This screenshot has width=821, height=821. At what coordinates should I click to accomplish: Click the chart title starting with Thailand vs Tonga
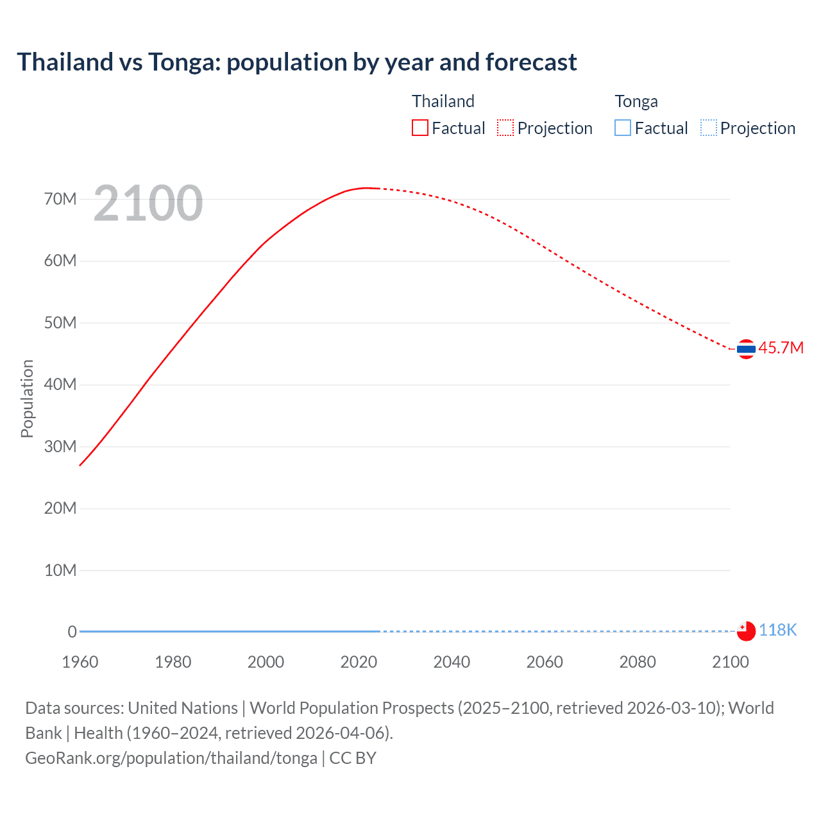pyautogui.click(x=296, y=62)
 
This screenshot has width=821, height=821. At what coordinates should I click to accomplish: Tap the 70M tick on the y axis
pyautogui.click(x=60, y=199)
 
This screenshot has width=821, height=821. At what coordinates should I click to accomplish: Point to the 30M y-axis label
pyautogui.click(x=60, y=446)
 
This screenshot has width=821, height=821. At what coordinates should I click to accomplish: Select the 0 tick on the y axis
pyautogui.click(x=72, y=632)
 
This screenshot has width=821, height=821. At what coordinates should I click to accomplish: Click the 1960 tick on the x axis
pyautogui.click(x=80, y=662)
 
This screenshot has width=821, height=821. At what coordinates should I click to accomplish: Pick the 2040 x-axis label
pyautogui.click(x=452, y=662)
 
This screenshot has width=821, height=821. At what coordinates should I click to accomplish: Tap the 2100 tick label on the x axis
pyautogui.click(x=730, y=662)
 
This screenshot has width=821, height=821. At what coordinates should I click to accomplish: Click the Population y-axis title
pyautogui.click(x=27, y=398)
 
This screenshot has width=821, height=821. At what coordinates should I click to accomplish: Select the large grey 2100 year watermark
pyautogui.click(x=148, y=203)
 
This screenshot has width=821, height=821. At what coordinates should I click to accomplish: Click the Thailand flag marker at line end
pyautogui.click(x=746, y=349)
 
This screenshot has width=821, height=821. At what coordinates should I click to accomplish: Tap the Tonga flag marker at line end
pyautogui.click(x=746, y=631)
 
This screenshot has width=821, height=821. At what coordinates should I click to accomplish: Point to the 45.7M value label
pyautogui.click(x=781, y=348)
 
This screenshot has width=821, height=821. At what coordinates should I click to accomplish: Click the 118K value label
pyautogui.click(x=777, y=631)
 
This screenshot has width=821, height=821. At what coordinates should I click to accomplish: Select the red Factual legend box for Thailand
pyautogui.click(x=419, y=128)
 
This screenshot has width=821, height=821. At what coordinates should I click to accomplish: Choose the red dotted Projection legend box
pyautogui.click(x=505, y=128)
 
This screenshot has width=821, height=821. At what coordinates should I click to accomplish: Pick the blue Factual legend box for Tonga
pyautogui.click(x=622, y=128)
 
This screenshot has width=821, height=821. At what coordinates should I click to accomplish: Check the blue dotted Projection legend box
pyautogui.click(x=708, y=128)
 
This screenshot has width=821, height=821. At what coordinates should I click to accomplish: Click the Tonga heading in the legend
pyautogui.click(x=636, y=101)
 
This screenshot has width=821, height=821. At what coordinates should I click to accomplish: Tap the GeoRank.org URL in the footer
pyautogui.click(x=171, y=758)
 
